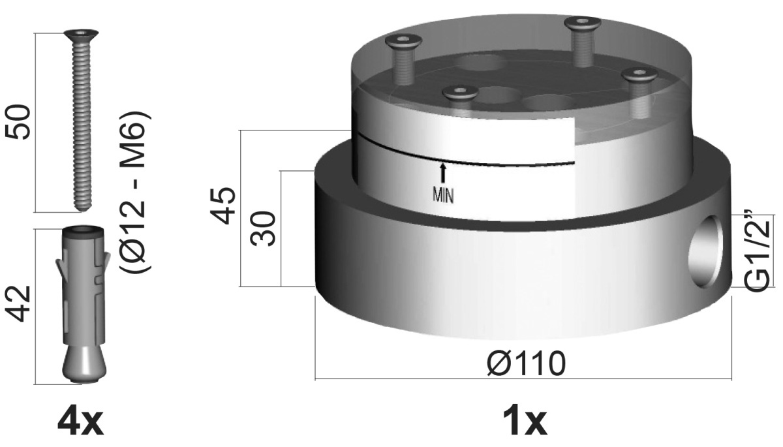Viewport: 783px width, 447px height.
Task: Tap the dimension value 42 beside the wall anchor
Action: coord(18,303)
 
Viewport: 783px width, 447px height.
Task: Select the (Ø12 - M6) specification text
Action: coord(136,193)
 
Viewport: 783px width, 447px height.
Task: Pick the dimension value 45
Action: coord(224,206)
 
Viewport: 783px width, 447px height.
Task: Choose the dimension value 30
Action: coord(263,228)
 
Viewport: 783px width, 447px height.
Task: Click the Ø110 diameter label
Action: coord(527,363)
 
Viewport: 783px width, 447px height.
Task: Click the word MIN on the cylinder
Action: coord(443,196)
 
